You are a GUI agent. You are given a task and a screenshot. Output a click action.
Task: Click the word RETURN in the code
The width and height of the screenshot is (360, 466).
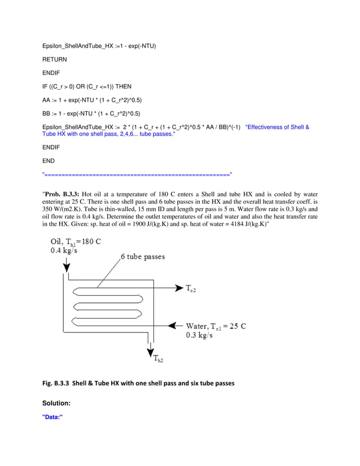pyautogui.click(x=55, y=59)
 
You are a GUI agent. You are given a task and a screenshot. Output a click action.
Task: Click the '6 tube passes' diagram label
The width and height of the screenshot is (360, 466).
pyautogui.click(x=143, y=257)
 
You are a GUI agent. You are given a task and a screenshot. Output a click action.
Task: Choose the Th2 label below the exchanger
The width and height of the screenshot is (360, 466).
pyautogui.click(x=157, y=358)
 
